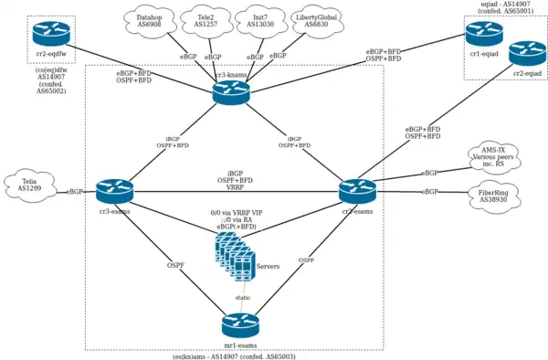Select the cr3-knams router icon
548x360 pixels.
pyautogui.click(x=231, y=92)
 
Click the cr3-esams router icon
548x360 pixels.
pyautogui.click(x=115, y=192)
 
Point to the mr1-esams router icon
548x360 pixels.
pyautogui.click(x=240, y=325)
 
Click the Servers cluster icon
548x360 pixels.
pyautogui.click(x=234, y=254)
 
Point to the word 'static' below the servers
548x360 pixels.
pyautogui.click(x=244, y=297)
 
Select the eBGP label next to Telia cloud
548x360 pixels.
pyautogui.click(x=76, y=193)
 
